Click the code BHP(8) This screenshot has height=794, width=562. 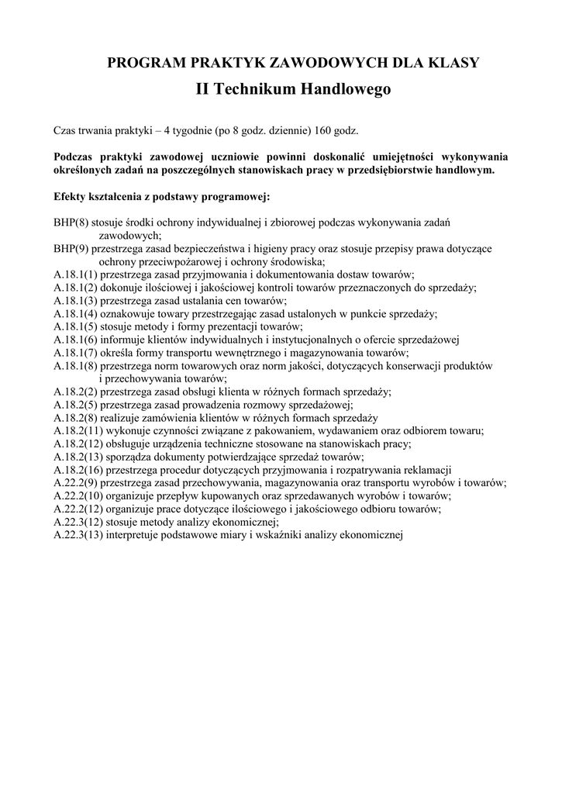coord(71,222)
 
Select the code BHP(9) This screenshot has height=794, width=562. coord(71,248)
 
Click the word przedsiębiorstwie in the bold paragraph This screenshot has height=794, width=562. coord(394,169)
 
